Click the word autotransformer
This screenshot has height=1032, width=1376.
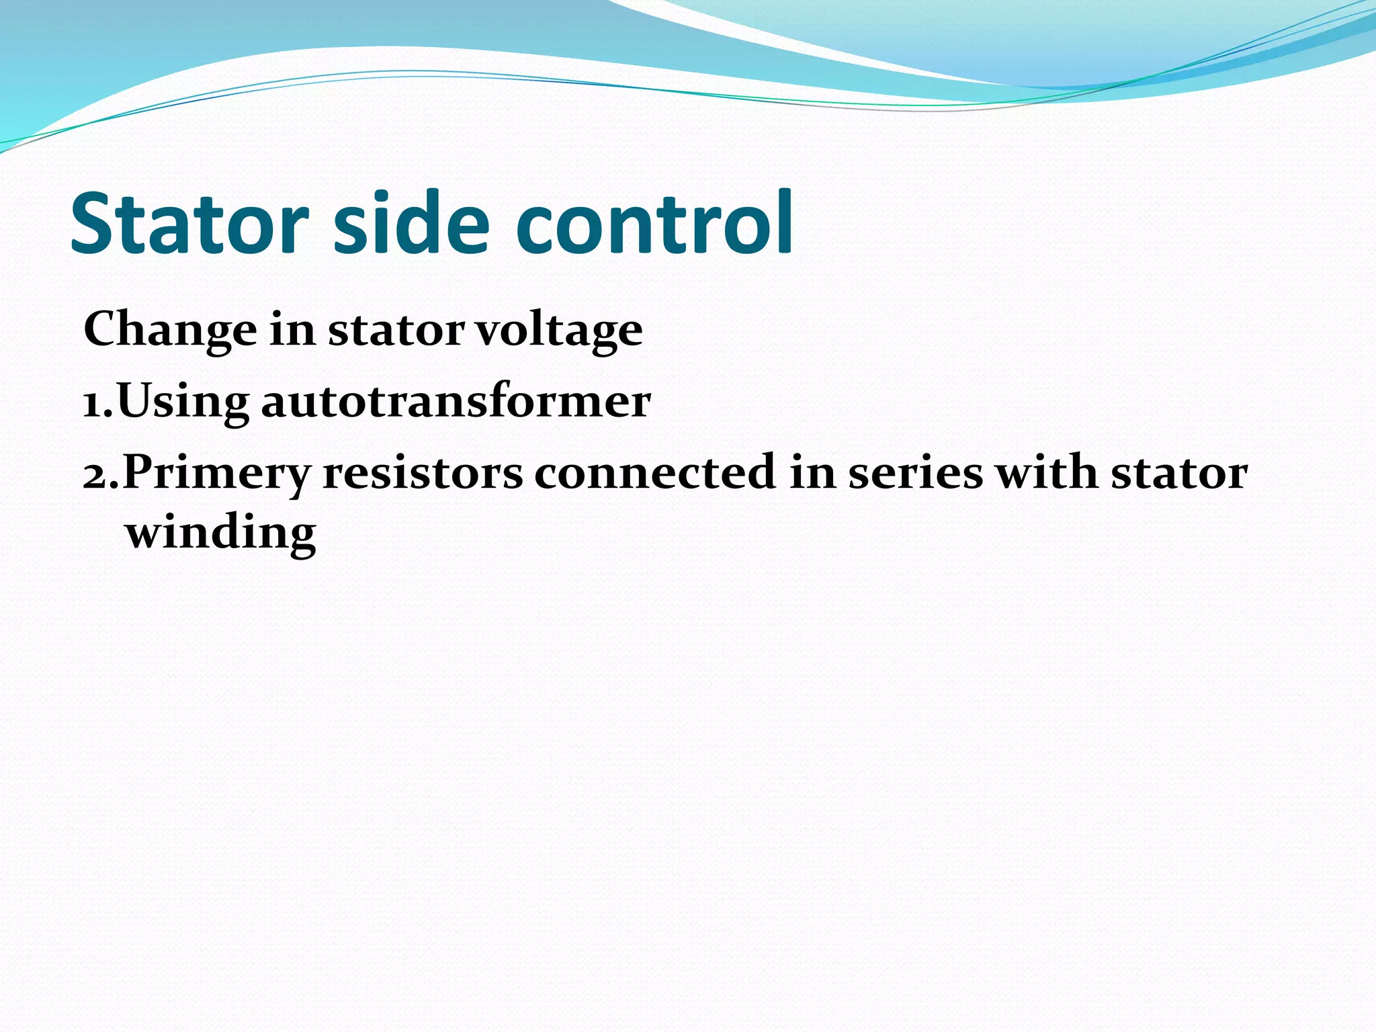point(456,402)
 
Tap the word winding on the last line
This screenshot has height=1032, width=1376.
point(220,533)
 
